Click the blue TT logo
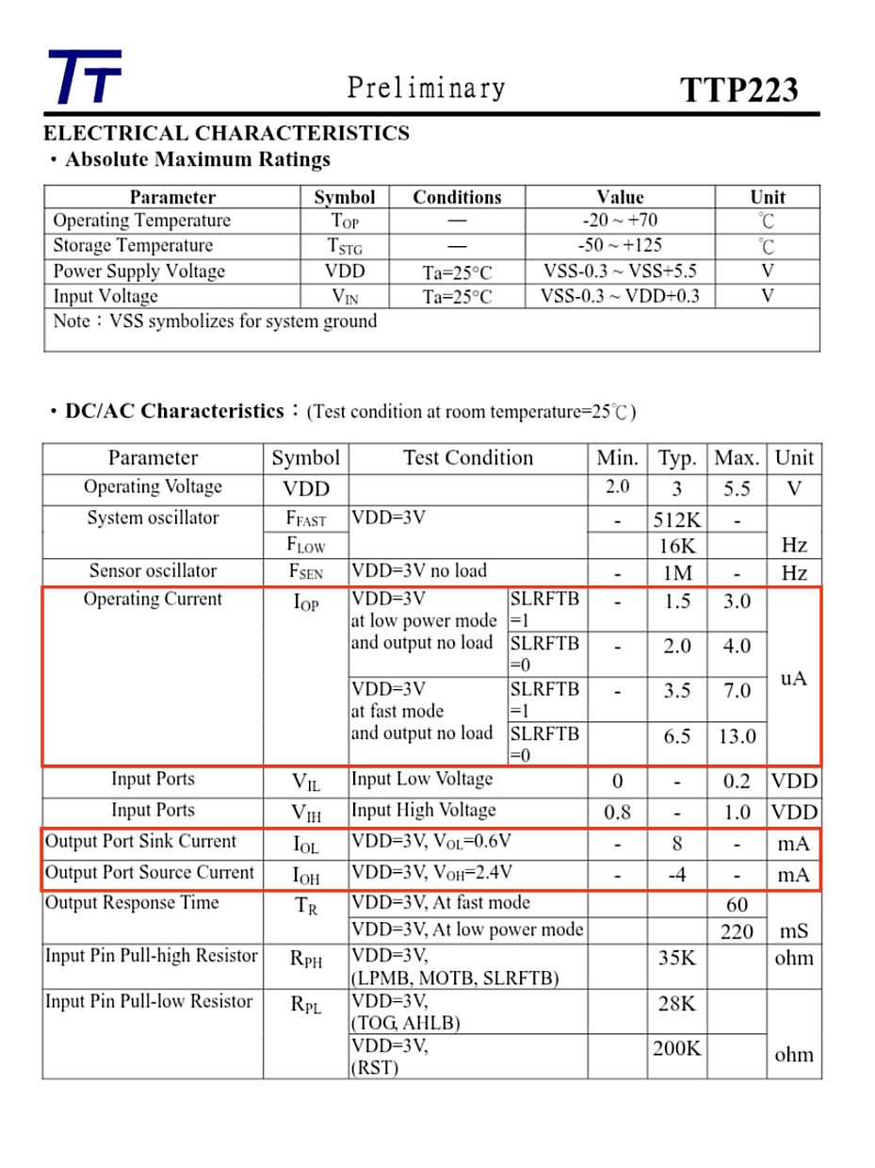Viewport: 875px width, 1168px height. [85, 76]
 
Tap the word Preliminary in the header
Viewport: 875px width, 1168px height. [426, 88]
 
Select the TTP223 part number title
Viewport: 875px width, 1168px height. [739, 90]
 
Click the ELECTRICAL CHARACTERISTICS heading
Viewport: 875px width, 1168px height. [226, 133]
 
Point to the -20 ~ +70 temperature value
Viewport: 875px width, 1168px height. [620, 221]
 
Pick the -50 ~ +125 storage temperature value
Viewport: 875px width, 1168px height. [620, 245]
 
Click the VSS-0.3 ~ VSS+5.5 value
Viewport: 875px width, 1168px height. [620, 271]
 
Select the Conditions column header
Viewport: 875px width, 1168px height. [457, 197]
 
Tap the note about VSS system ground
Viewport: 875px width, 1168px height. [215, 321]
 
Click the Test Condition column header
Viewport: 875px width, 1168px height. [468, 458]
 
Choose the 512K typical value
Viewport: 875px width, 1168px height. [676, 519]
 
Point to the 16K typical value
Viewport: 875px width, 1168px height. [677, 546]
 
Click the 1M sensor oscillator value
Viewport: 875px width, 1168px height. [677, 573]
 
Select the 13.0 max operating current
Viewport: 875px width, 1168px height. [737, 736]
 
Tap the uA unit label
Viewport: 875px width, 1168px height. [794, 678]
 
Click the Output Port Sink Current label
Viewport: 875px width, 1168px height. [141, 842]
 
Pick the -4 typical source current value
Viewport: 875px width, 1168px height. [676, 875]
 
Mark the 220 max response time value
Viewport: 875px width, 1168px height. [737, 931]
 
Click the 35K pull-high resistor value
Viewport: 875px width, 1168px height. [676, 958]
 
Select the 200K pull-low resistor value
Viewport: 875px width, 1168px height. [676, 1047]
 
